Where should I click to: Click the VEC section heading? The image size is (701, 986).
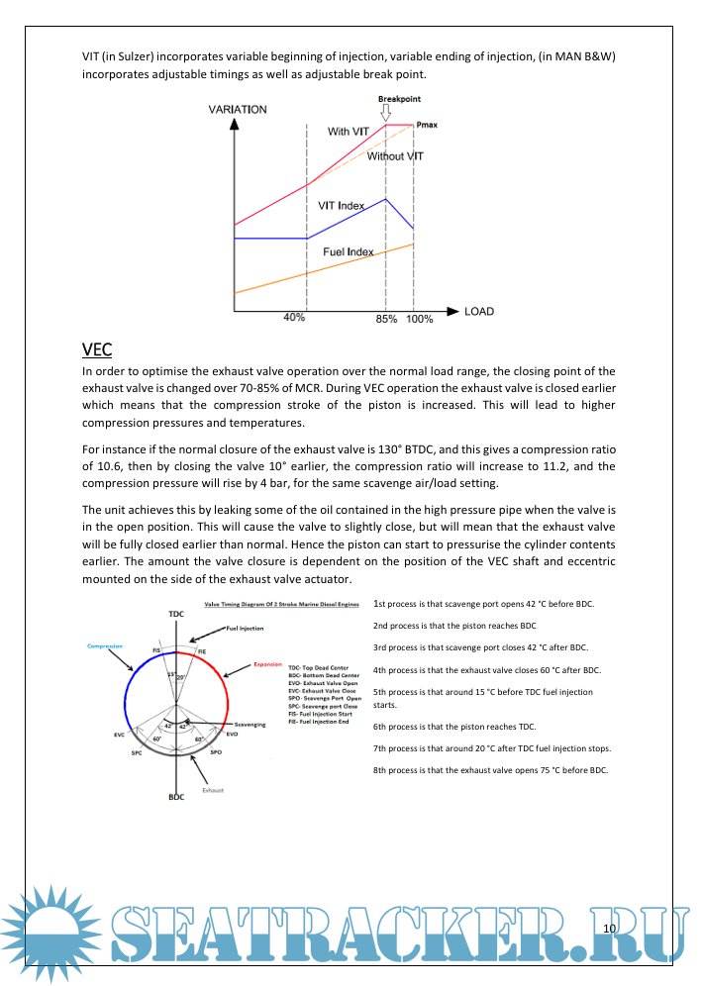tap(97, 349)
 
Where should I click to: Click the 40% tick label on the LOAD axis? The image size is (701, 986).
tap(294, 318)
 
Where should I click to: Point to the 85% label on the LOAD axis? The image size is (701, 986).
tap(386, 319)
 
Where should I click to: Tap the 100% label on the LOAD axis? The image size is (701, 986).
tap(419, 319)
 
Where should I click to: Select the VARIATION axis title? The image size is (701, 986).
tap(238, 109)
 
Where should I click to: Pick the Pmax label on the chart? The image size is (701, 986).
tap(429, 126)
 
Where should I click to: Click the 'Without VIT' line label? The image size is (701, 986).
tap(395, 156)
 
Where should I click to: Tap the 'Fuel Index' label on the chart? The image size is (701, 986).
tap(349, 251)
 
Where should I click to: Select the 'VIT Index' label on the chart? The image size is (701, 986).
tap(341, 205)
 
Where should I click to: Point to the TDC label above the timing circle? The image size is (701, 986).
tap(175, 615)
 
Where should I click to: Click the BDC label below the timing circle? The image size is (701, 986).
tap(175, 796)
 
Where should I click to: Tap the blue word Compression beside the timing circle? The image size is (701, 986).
tap(104, 645)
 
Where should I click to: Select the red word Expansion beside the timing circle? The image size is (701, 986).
tap(268, 664)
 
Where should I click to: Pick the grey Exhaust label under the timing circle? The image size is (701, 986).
tap(214, 790)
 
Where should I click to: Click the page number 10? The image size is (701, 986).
tap(609, 928)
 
